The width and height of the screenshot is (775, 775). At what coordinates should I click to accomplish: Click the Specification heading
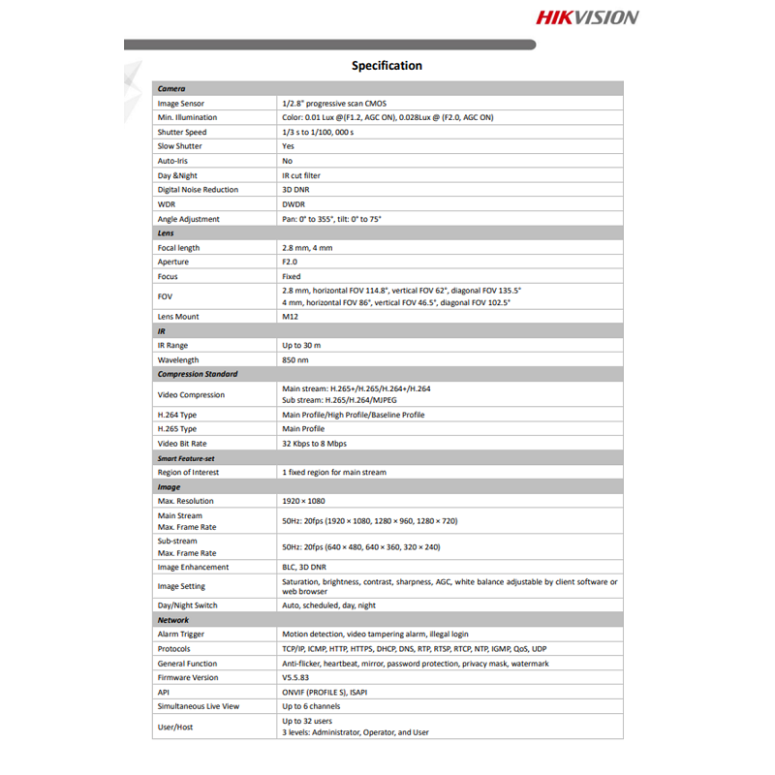[x=387, y=66]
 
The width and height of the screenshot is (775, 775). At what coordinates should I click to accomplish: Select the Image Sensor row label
[x=181, y=103]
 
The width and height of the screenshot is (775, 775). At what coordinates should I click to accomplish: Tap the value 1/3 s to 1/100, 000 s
[x=318, y=132]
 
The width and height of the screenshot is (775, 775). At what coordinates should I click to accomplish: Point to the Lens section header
[x=166, y=233]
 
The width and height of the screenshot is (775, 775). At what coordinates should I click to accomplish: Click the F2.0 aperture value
[x=290, y=262]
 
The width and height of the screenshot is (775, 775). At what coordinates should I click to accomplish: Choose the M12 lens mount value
[x=289, y=317]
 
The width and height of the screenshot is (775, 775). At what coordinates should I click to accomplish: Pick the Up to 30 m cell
[x=301, y=345]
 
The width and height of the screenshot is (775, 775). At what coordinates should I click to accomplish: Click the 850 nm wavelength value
[x=295, y=359]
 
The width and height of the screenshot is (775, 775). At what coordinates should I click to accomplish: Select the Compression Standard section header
[x=198, y=374]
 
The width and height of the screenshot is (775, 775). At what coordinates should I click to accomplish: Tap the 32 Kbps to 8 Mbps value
[x=314, y=444]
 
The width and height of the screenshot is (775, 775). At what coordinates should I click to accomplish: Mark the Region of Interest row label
[x=188, y=472]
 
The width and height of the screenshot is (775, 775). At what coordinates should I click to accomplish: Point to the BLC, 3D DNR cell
[x=304, y=567]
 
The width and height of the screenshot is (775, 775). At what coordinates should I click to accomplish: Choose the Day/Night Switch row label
[x=187, y=605]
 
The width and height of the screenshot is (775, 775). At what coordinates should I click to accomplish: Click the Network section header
[x=173, y=620]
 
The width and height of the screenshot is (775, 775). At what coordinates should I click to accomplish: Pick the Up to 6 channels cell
[x=312, y=706]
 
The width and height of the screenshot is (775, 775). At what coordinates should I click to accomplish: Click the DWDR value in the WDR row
[x=294, y=204]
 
